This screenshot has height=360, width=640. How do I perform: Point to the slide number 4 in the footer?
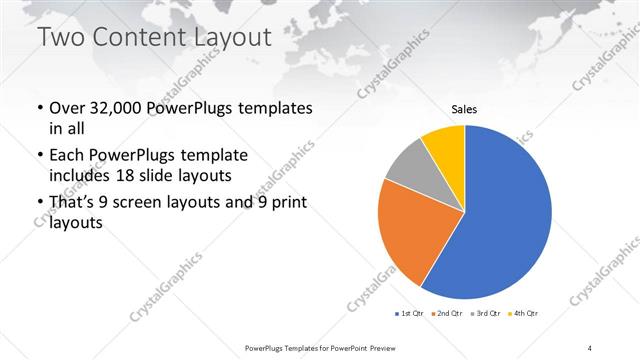[590, 347]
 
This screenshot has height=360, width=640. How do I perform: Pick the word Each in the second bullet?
[66, 157]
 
